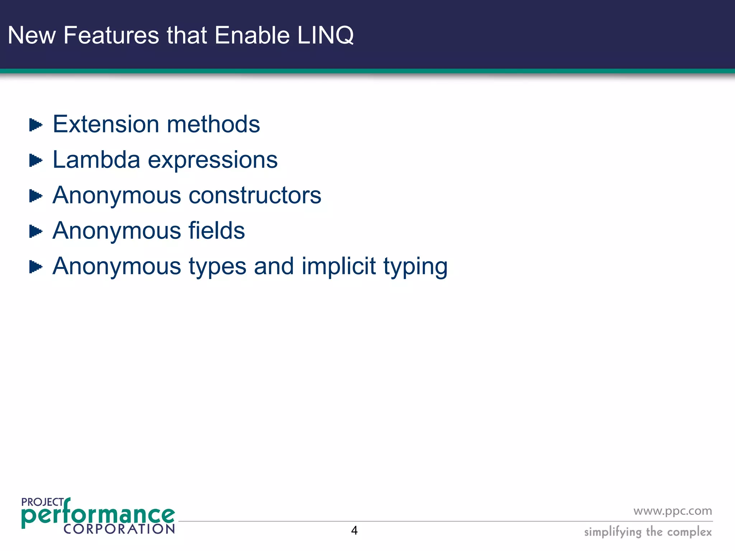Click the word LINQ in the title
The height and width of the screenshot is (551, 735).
point(326,36)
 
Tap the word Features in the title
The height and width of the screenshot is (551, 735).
point(111,36)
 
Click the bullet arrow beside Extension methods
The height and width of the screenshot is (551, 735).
point(36,125)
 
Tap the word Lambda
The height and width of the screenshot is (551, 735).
point(96,160)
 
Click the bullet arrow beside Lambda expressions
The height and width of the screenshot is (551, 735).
point(36,160)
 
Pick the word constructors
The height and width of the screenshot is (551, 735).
point(255,196)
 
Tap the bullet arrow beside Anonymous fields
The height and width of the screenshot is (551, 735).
point(36,231)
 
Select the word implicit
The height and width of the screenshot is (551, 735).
point(339,266)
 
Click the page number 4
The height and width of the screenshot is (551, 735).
point(354,531)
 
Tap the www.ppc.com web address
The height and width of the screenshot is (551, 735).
point(673,511)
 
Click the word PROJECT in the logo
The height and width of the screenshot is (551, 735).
point(42,502)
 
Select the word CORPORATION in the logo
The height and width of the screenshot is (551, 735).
point(119,529)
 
